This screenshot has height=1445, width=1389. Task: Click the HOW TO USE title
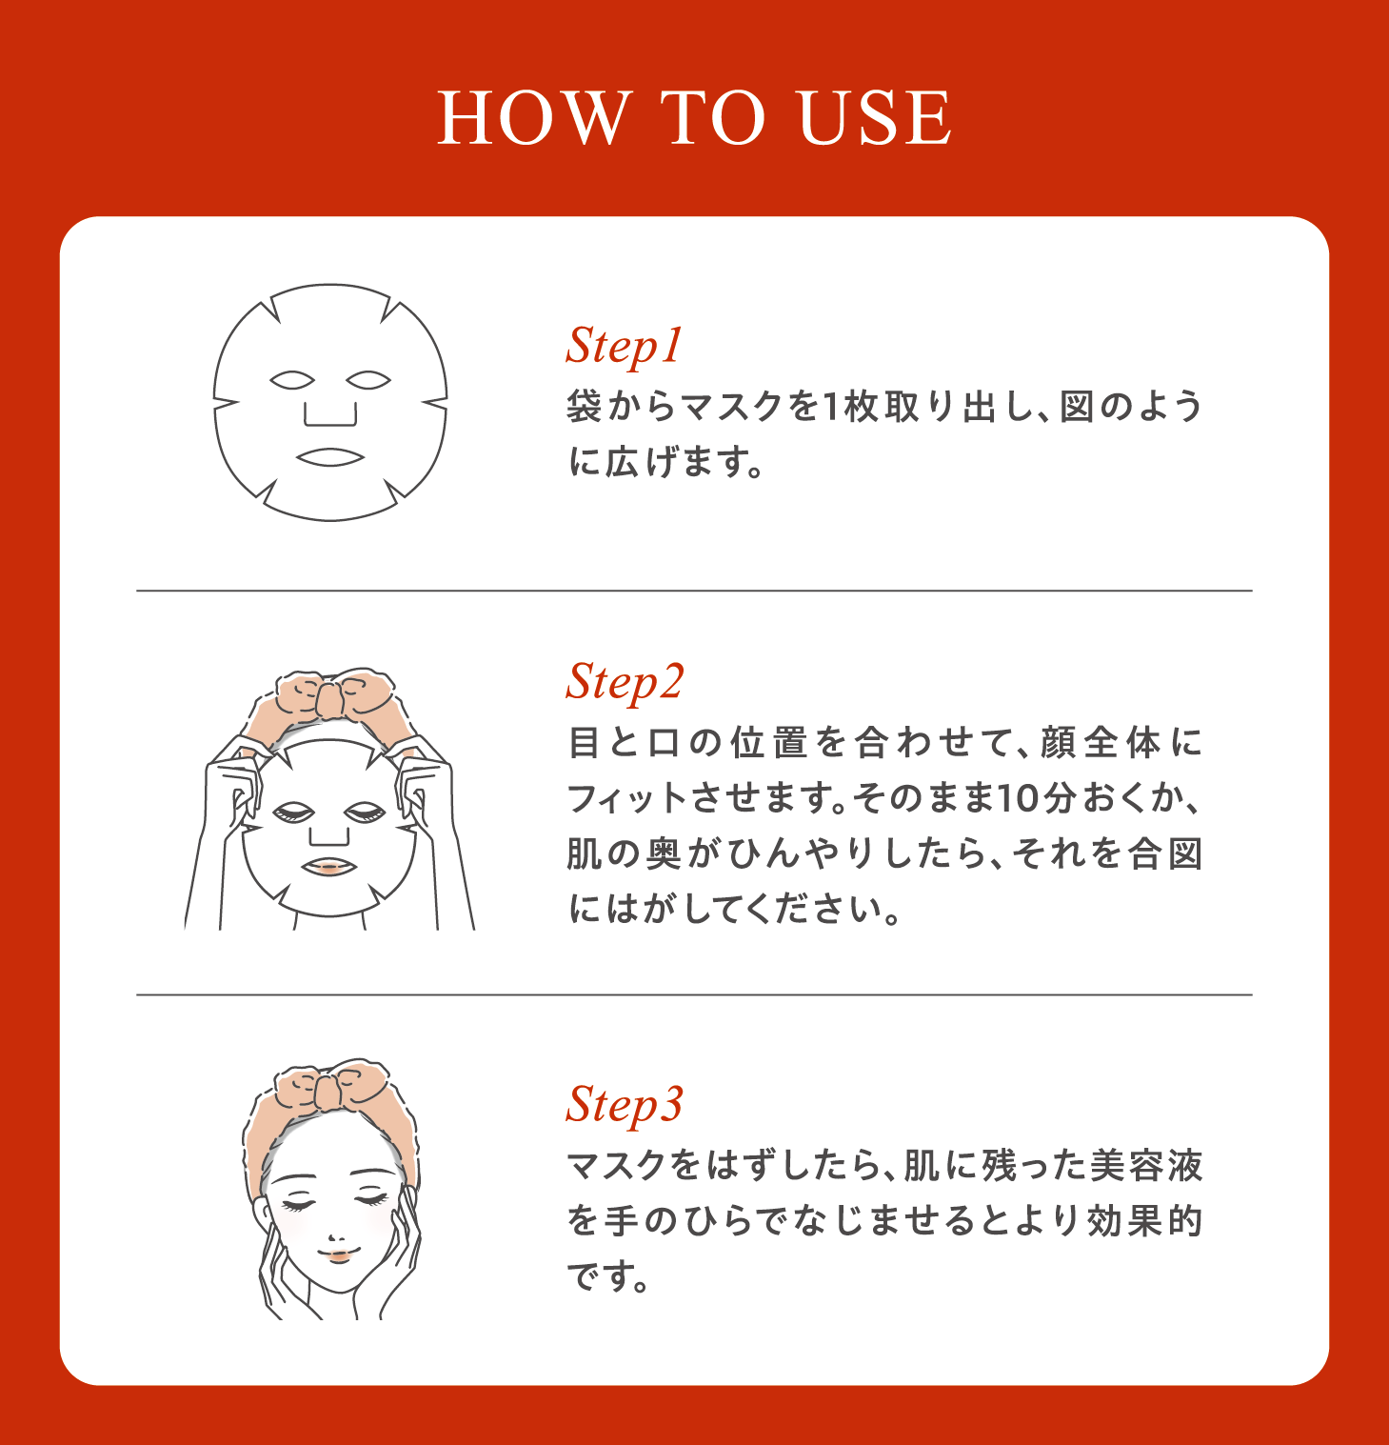pos(694,118)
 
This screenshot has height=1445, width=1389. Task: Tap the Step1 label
pos(625,346)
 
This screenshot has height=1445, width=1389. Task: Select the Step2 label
pos(625,682)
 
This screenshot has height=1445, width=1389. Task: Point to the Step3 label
pos(625,1105)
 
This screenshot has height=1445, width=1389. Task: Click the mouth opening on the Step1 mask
pos(329,457)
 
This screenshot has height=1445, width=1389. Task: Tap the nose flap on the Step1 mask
pos(329,414)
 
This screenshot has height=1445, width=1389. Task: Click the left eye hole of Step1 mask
pos(291,380)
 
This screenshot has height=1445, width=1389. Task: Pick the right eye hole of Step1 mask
pos(368,380)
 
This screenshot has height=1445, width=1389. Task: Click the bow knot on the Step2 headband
pos(329,701)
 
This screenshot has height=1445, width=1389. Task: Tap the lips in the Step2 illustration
pos(328,867)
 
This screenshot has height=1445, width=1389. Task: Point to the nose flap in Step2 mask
pos(328,835)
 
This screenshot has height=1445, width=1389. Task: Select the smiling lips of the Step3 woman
pos(338,1252)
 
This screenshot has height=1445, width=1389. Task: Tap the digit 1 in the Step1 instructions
pos(828,407)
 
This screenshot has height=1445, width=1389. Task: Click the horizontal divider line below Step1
pos(694,591)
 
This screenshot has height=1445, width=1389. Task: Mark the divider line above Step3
pos(694,994)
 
